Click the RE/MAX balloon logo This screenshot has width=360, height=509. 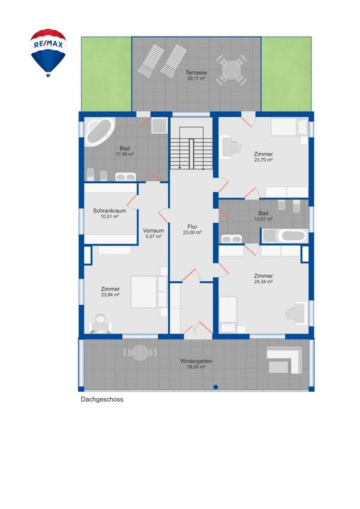click(49, 53)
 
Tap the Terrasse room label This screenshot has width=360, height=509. click(196, 72)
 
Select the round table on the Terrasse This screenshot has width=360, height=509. click(231, 70)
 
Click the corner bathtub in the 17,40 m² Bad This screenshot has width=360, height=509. click(100, 133)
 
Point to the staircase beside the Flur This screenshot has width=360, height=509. click(191, 148)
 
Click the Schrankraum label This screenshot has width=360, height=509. click(110, 211)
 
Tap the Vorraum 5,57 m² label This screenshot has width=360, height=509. click(153, 234)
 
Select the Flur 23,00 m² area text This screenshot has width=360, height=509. click(192, 232)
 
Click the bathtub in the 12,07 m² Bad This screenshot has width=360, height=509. click(293, 236)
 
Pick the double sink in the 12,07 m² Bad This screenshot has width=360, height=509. click(231, 239)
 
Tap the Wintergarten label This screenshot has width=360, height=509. click(196, 361)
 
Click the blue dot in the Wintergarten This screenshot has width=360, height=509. click(216, 387)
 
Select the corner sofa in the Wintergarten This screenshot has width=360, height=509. click(285, 360)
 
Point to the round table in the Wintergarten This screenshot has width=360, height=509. click(140, 353)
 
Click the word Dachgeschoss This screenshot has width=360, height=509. click(102, 399)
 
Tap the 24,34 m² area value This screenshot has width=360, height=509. click(264, 282)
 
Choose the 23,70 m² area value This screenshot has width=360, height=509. click(264, 160)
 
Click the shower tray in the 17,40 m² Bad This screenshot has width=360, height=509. click(159, 125)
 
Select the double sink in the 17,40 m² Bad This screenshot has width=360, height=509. click(125, 177)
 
